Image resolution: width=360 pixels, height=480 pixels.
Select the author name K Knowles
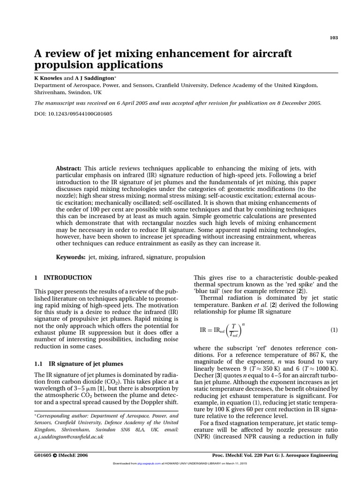tap(48, 78)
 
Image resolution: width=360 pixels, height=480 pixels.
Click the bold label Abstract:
tap(69, 168)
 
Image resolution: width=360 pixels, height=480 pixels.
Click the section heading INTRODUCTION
tap(68, 278)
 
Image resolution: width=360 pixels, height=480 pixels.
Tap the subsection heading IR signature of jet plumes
tap(86, 364)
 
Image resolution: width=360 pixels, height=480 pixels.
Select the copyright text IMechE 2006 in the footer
tap(70, 455)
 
